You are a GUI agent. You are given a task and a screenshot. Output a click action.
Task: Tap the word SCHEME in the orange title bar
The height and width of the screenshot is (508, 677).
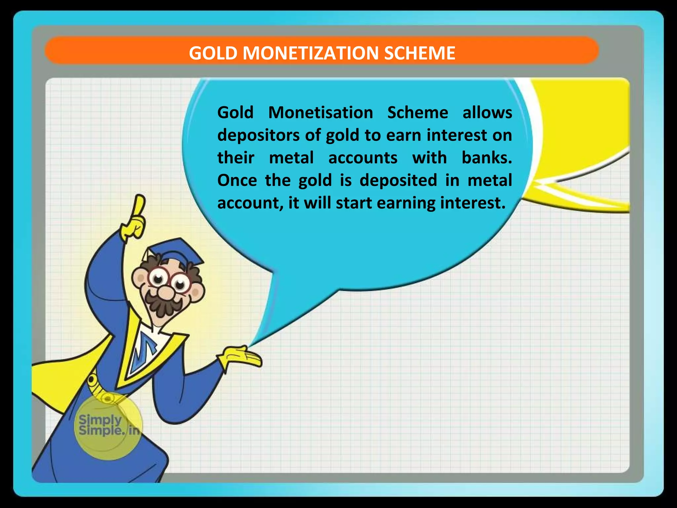tap(419, 53)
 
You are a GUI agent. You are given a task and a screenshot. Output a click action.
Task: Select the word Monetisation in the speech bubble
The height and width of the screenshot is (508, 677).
tap(320, 112)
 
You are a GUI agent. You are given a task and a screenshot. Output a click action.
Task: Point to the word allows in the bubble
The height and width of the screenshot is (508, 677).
tap(487, 112)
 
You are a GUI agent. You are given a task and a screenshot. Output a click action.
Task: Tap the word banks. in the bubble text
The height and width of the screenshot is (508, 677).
tap(487, 158)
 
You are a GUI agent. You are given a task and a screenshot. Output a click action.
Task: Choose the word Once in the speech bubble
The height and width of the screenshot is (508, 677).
tap(237, 180)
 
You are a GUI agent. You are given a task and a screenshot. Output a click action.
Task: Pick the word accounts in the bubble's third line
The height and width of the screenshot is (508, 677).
tap(363, 158)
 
